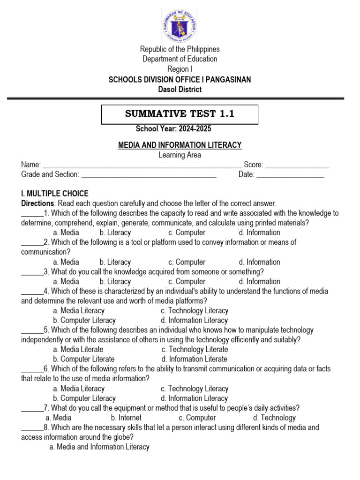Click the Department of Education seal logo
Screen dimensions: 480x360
tap(179, 25)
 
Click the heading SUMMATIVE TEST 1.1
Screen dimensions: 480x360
tap(180, 114)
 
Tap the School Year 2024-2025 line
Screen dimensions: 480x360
tap(177, 129)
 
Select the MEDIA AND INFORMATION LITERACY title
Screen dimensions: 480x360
tap(180, 146)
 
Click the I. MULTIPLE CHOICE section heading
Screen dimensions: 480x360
tap(54, 194)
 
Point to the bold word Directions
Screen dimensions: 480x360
tap(37, 203)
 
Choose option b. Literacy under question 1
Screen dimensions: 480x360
tap(115, 232)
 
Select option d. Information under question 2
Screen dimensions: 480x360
tap(259, 262)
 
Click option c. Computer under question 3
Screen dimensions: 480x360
tap(187, 282)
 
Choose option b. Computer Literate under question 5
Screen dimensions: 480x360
tap(84, 359)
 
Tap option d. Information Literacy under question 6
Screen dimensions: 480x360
tap(194, 398)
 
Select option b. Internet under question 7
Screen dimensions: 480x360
tap(126, 418)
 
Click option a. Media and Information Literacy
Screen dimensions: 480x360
tap(99, 447)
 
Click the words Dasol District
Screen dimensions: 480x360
tap(180, 89)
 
